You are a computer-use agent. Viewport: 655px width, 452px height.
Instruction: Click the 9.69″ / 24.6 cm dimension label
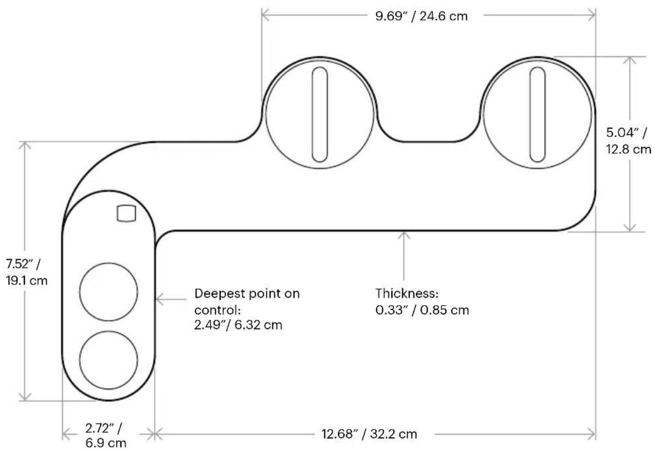(421, 16)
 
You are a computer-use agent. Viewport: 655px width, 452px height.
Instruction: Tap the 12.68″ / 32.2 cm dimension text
(369, 434)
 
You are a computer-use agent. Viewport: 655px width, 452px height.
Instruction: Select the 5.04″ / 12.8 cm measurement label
(628, 141)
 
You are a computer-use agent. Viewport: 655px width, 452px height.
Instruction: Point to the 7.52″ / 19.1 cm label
(26, 272)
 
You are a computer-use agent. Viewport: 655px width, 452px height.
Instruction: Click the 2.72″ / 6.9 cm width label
(105, 436)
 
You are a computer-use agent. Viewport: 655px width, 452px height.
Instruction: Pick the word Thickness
(407, 293)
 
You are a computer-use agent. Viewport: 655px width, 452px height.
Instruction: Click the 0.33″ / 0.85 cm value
(422, 310)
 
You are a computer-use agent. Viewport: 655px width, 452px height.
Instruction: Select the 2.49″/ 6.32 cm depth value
(238, 325)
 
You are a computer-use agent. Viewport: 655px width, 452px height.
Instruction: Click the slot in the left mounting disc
(320, 115)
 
